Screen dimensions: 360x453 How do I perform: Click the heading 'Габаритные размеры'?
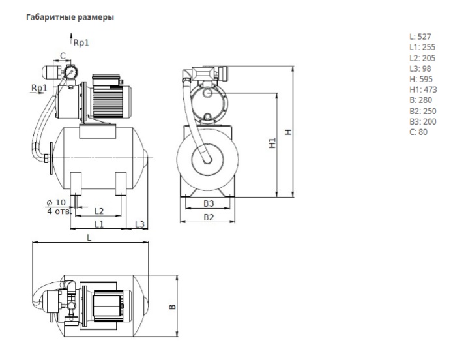tap(70, 17)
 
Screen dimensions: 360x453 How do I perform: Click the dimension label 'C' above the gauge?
tap(63, 55)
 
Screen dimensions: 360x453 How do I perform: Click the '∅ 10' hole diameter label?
tap(56, 202)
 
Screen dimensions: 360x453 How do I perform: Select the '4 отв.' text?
tap(58, 211)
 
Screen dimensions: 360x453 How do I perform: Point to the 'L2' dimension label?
tap(99, 211)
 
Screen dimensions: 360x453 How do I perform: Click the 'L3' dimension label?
tap(139, 224)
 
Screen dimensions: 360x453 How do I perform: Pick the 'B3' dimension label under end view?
tap(208, 203)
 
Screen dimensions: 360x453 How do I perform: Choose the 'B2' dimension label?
tap(208, 217)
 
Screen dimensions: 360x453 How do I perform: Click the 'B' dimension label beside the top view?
tap(171, 305)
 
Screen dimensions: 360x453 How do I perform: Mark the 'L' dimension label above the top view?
tap(89, 238)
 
